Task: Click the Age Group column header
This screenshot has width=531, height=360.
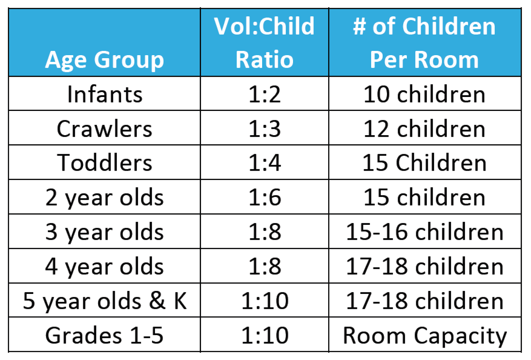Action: click(105, 60)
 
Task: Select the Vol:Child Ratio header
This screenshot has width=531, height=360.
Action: click(264, 43)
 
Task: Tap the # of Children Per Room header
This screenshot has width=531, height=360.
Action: click(424, 43)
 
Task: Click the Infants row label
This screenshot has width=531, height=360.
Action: click(105, 94)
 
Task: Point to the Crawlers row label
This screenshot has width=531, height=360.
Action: click(104, 129)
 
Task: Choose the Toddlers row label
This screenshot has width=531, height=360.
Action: click(104, 163)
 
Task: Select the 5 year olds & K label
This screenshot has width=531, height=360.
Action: click(105, 301)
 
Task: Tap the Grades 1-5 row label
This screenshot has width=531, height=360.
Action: click(104, 335)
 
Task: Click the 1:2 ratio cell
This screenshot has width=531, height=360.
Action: click(265, 94)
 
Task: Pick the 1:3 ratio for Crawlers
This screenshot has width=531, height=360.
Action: click(265, 129)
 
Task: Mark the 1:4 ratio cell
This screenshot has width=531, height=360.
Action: click(265, 163)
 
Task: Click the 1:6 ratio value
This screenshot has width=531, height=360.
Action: click(265, 197)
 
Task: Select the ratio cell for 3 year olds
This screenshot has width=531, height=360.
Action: click(265, 232)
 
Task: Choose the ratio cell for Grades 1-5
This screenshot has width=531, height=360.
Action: click(265, 335)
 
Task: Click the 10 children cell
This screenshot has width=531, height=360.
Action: click(424, 94)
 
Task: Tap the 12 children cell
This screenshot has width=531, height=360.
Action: click(424, 129)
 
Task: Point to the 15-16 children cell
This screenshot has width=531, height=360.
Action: click(424, 232)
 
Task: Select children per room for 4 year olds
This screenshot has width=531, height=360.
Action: click(424, 266)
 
